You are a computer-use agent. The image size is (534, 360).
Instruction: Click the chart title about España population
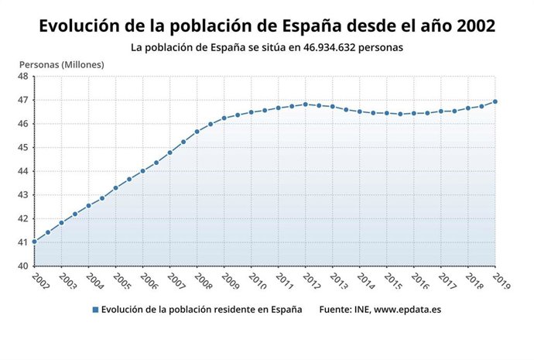point(267,26)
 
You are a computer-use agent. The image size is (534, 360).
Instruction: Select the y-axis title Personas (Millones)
point(61,64)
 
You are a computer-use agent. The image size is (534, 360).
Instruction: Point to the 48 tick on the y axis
point(23,77)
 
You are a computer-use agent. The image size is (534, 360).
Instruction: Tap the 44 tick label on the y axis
point(23,171)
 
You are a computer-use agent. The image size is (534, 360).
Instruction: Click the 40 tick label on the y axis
point(23,266)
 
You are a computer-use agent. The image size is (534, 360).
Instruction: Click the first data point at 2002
point(35,242)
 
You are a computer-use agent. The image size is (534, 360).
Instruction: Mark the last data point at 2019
point(495,101)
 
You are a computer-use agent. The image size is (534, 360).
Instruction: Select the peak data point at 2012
point(306,104)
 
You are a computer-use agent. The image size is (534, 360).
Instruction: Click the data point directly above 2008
point(197,132)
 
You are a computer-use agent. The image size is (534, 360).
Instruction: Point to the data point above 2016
point(414,113)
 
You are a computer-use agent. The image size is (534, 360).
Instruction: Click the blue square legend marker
point(95,310)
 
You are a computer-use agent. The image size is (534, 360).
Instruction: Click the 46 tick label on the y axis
point(23,124)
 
